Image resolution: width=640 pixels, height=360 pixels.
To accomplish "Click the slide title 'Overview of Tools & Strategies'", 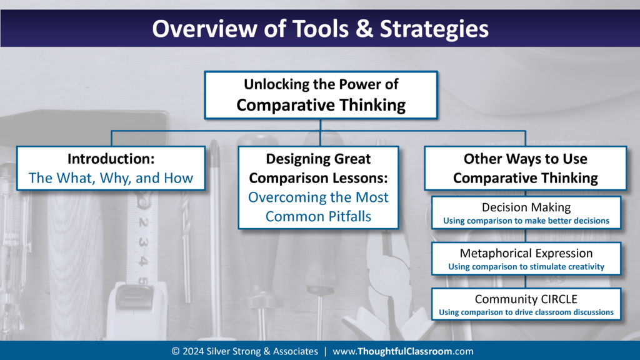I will [320, 29].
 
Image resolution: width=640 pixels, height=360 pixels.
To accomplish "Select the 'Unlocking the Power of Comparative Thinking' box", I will [321, 94].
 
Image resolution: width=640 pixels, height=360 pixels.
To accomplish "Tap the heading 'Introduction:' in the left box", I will [111, 159].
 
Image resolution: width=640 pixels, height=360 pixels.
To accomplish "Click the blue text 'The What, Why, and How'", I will [111, 178].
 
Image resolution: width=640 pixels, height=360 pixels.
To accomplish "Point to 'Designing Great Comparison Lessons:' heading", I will [318, 168].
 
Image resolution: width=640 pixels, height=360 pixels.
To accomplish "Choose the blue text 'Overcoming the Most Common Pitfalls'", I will [318, 207].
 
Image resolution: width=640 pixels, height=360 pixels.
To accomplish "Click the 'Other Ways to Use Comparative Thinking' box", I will [525, 168].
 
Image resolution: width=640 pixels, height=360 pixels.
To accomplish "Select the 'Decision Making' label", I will [525, 207].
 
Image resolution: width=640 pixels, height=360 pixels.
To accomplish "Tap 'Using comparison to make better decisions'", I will [525, 221].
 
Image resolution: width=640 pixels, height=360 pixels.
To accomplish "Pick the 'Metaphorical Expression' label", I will [525, 253].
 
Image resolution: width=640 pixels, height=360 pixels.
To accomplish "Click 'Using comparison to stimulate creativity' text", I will [525, 266].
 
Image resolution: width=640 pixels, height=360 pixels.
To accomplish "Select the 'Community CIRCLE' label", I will [525, 299].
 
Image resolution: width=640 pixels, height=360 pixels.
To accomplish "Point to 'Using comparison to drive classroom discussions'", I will [525, 312].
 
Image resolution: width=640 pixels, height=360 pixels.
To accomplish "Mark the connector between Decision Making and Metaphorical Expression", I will [525, 235].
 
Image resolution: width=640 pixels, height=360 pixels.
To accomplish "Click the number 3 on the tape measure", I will [143, 242].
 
